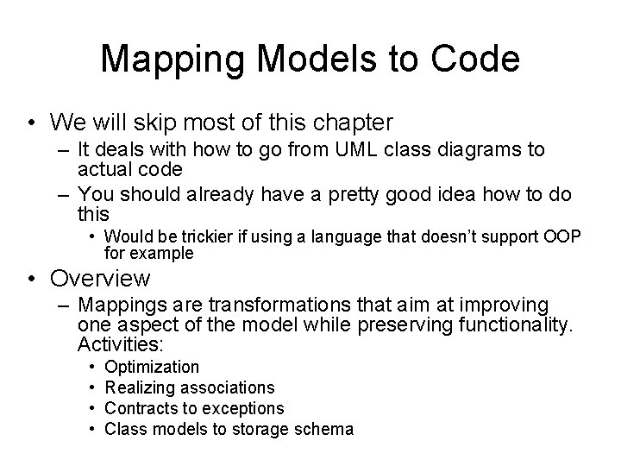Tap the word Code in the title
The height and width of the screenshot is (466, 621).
coord(476,59)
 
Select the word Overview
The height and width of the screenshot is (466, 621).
coord(101,279)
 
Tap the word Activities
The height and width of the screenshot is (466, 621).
coord(121,344)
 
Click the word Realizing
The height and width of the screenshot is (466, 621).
coord(140,388)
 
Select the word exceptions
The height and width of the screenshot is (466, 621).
coord(243,408)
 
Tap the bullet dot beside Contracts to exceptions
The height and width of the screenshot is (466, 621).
coord(91,408)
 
